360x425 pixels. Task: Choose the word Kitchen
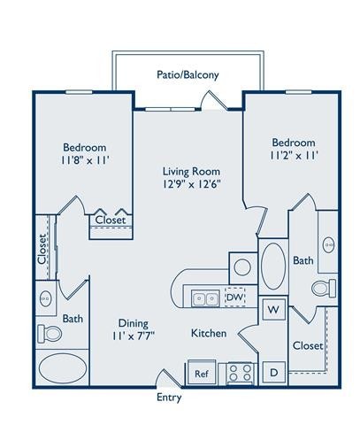(209, 334)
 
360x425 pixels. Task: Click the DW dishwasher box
(234, 297)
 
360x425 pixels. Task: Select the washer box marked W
(273, 311)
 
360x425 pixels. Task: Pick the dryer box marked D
(273, 373)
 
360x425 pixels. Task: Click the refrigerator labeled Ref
(201, 374)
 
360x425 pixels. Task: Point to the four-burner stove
(240, 373)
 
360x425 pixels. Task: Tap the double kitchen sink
(206, 298)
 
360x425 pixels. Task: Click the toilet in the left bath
(51, 334)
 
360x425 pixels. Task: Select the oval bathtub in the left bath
(62, 367)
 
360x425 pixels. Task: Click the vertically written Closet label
(42, 249)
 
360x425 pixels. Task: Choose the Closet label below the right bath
(307, 345)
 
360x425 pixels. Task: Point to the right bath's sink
(328, 243)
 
